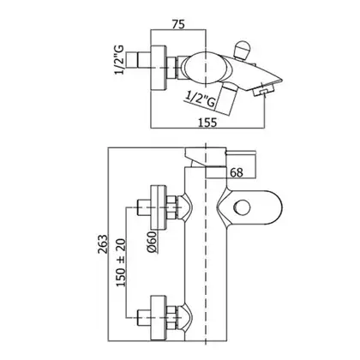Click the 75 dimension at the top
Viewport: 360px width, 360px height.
coord(178,24)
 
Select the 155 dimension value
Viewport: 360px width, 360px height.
coord(207,123)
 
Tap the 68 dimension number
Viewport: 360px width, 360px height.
coord(237,172)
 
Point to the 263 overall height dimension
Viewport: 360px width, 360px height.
coord(103,244)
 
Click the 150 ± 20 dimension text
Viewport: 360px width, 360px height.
coord(121,263)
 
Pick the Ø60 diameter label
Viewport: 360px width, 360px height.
coord(153,242)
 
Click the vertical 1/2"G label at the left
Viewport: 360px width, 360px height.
coord(119,60)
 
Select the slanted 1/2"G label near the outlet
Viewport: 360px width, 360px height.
coord(201,99)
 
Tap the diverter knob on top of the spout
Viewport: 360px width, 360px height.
coord(242,50)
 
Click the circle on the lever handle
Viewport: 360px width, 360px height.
coord(242,207)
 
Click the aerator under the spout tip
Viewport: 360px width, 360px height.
coord(263,91)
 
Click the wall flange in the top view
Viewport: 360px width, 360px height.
coord(158,69)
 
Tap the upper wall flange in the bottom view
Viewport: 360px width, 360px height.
coord(158,207)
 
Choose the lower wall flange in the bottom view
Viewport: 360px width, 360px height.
coord(158,318)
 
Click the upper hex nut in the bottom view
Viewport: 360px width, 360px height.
coord(171,207)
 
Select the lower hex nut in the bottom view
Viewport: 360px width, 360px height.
coord(171,318)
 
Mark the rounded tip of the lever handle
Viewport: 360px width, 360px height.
coord(282,207)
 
